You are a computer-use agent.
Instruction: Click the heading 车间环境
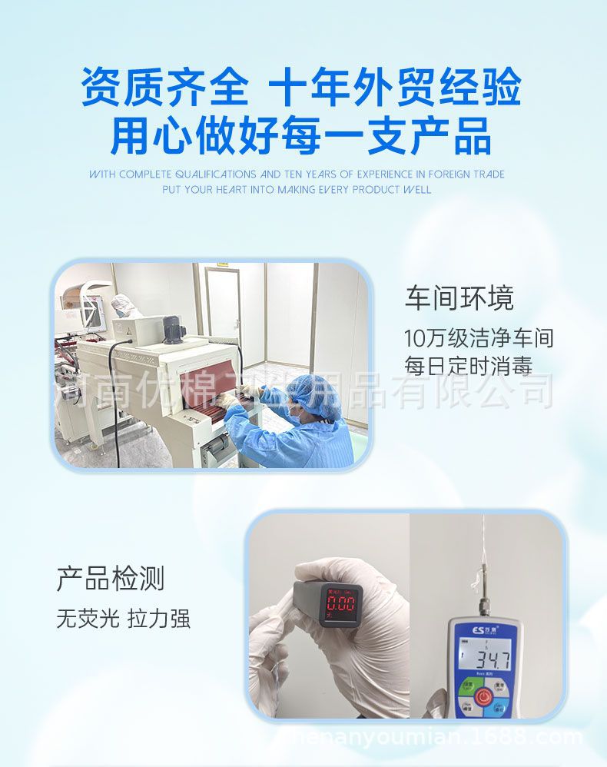[459, 299]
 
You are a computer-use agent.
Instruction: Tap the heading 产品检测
[111, 579]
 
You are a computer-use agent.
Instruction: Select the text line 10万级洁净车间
[479, 337]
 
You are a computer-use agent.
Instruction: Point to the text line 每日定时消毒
[468, 365]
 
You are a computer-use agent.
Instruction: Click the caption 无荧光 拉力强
[123, 619]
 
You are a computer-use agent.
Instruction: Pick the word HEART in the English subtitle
[231, 189]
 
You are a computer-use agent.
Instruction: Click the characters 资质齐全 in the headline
[164, 87]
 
